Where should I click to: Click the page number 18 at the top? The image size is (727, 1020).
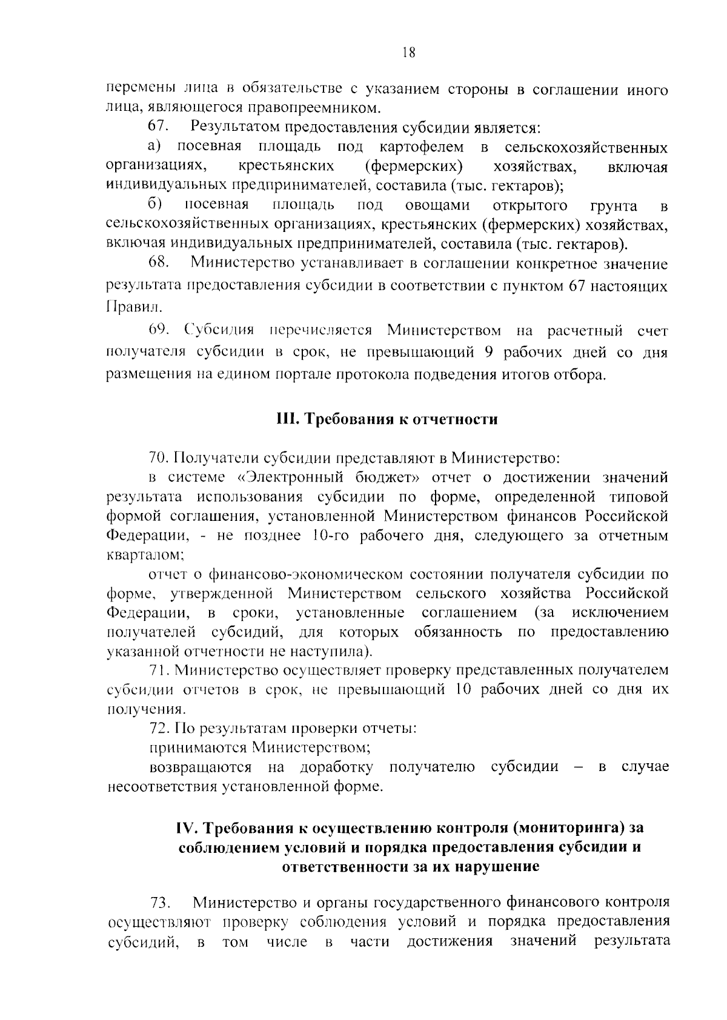408,53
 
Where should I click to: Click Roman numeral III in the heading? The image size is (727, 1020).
284,419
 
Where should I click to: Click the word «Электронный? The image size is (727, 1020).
276,477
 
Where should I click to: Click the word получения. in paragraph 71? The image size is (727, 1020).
138,709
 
